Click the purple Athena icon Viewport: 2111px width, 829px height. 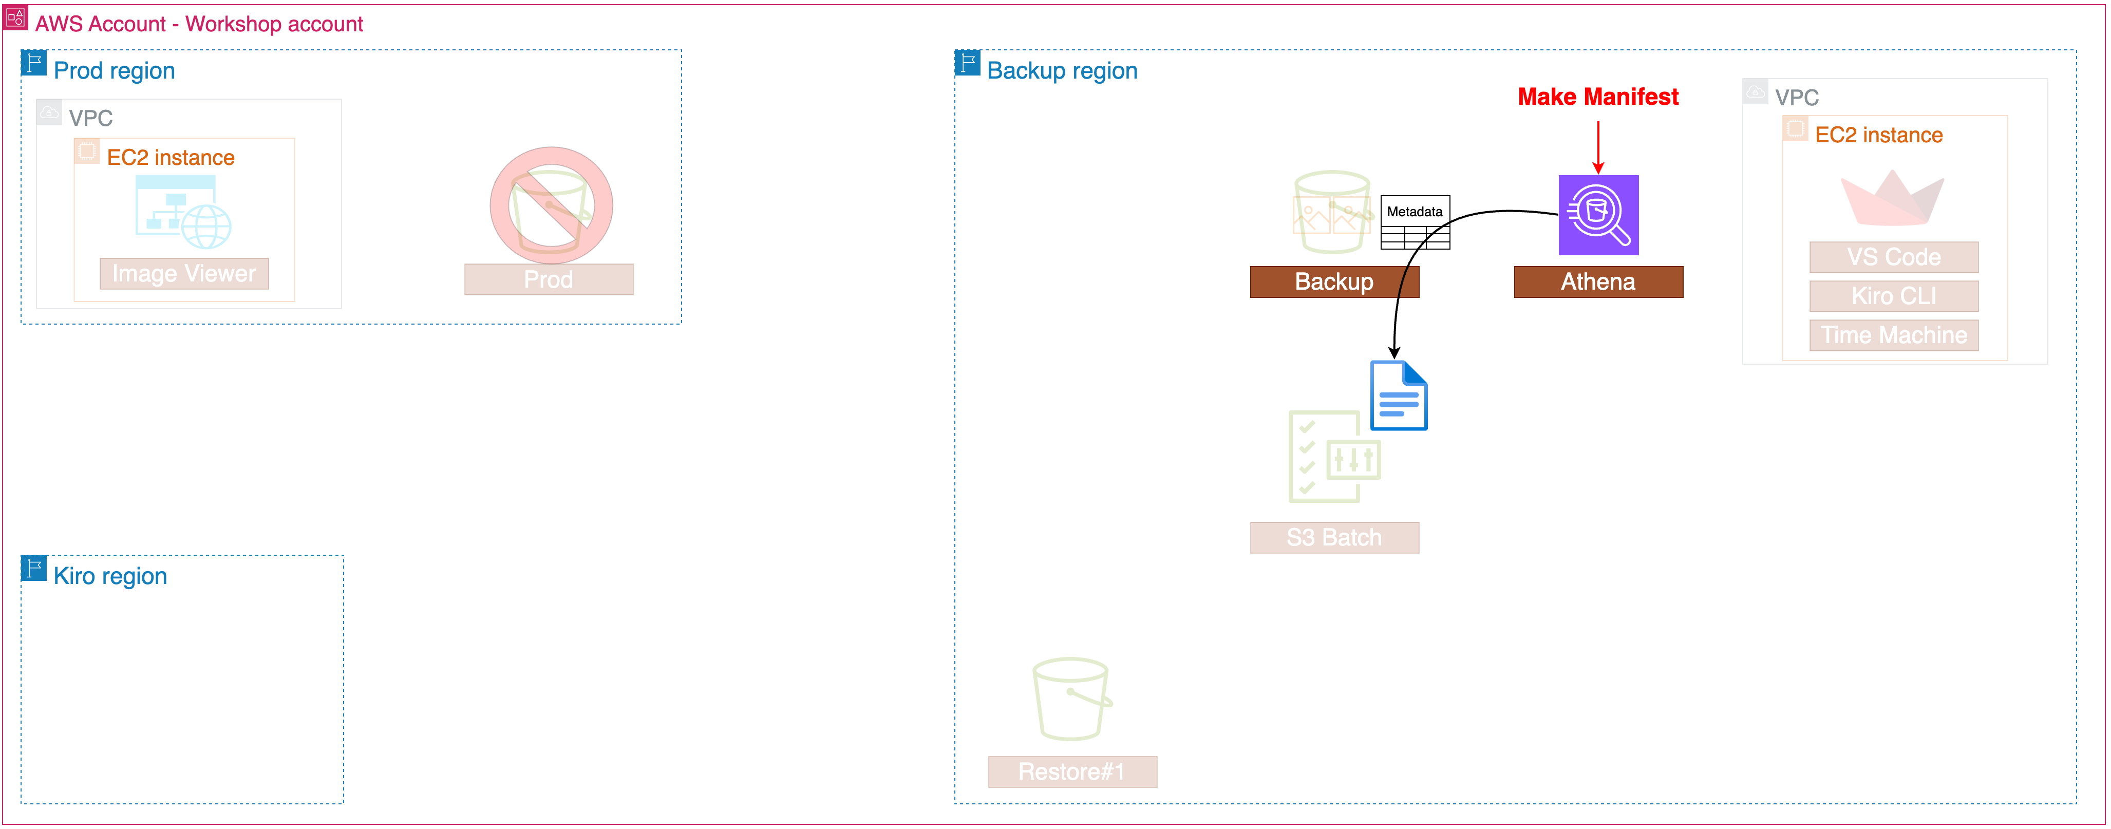click(1597, 215)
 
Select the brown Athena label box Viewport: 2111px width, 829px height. click(1597, 282)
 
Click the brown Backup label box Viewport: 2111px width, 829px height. click(1333, 282)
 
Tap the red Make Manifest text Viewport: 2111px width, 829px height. click(1597, 97)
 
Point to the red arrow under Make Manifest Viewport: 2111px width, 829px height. click(1597, 147)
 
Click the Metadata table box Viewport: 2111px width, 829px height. click(1415, 222)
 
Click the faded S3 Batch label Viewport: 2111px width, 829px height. click(1333, 537)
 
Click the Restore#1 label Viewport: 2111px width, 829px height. click(1072, 771)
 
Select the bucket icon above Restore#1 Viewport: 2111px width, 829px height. click(1071, 699)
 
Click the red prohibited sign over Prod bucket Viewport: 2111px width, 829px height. click(551, 205)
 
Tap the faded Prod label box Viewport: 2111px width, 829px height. click(548, 279)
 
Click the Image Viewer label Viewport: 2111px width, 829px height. click(183, 274)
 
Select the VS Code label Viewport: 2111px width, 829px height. click(1893, 257)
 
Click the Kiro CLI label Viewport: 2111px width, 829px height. click(1893, 296)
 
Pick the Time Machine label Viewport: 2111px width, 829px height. click(1893, 335)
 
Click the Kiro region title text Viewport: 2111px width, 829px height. click(110, 576)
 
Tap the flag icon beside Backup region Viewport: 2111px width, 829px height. click(967, 63)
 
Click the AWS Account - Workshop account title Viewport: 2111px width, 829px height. click(198, 24)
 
